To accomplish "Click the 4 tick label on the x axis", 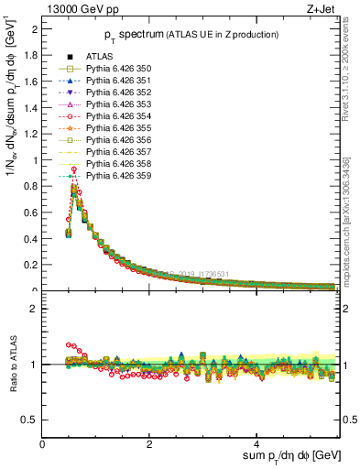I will coord(257,443).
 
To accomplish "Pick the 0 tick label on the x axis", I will coord(42,443).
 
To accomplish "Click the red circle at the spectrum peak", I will coord(73,169).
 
